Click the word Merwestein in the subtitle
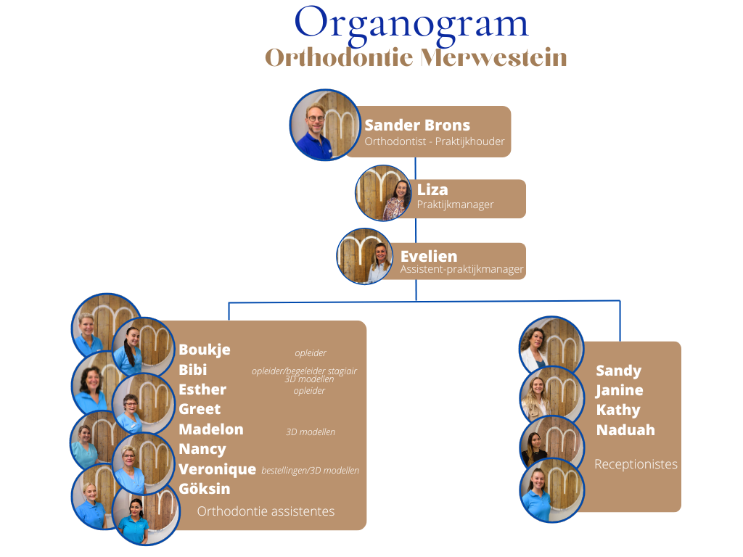coord(493,58)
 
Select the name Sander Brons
coord(417,125)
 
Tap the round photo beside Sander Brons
coord(325,125)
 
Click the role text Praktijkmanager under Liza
coord(455,205)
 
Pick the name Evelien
coord(429,256)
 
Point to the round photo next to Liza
coord(383,193)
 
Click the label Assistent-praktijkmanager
coord(461,270)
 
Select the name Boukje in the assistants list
coord(204,350)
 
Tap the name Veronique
coord(217,469)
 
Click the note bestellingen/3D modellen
coord(311,470)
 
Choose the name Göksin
coord(204,488)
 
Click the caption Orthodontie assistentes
coord(266,511)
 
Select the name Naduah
coord(625,430)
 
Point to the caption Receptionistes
coord(636,464)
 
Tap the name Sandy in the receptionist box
coord(618,371)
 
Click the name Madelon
coord(211,429)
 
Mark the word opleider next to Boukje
coord(311,353)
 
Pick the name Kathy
coord(618,410)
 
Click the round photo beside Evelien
coord(365,256)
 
